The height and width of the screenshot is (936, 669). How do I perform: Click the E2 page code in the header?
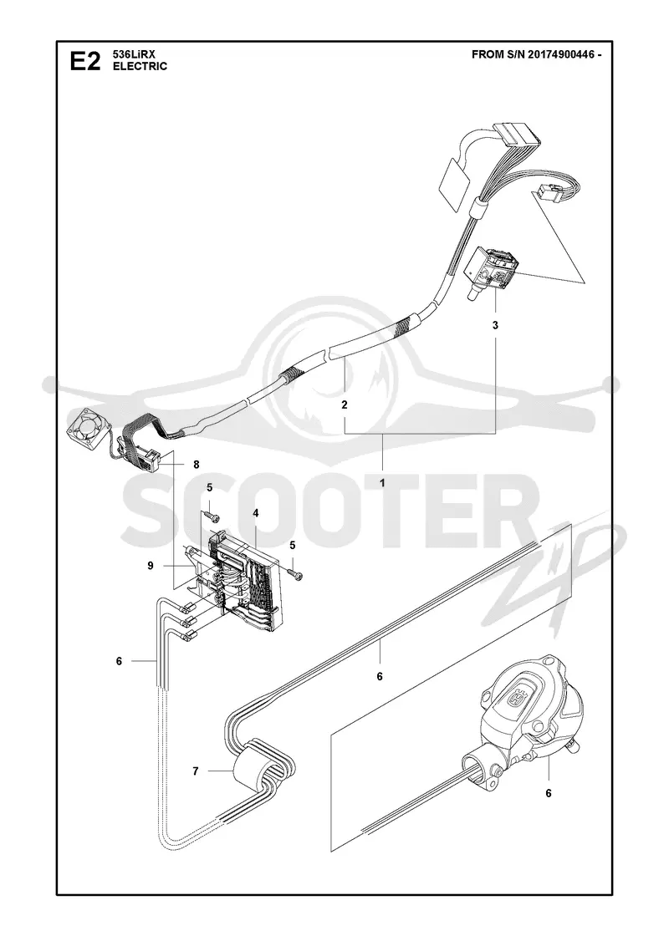coord(85,62)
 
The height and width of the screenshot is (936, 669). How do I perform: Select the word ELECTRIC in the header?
coord(140,66)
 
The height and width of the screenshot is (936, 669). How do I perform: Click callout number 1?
coord(382,482)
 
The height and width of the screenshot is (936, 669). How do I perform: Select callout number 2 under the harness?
coord(344,404)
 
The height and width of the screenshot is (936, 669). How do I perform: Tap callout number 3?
coord(496,325)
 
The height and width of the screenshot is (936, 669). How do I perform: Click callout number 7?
coord(196,772)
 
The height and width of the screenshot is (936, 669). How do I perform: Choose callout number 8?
coord(196,464)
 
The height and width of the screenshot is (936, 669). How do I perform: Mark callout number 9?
coord(151,565)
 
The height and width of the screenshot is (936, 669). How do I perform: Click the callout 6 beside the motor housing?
coord(549,793)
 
